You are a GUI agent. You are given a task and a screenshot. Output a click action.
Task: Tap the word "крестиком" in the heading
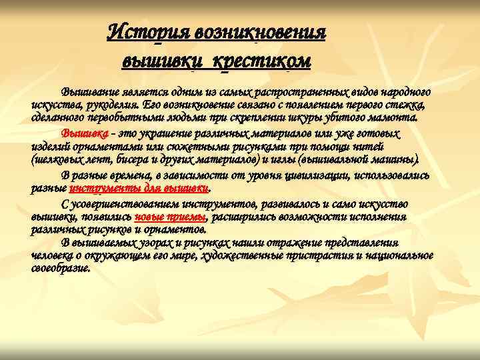pyautogui.click(x=263, y=61)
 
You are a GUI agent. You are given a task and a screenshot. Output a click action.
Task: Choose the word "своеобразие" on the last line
pyautogui.click(x=60, y=268)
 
